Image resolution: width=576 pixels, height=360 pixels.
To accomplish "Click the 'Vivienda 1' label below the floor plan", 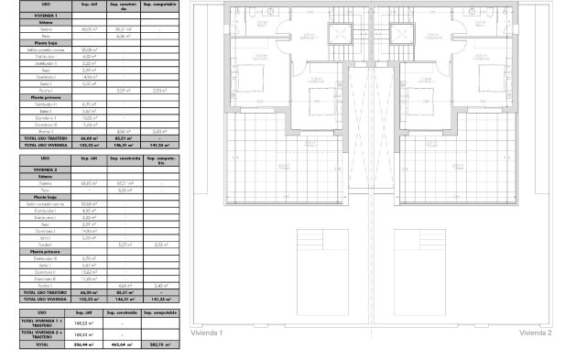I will click(x=206, y=333).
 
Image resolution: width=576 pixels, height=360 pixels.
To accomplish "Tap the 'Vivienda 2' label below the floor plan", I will click(x=536, y=333).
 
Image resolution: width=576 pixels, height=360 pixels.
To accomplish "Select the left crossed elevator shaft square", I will click(x=342, y=34).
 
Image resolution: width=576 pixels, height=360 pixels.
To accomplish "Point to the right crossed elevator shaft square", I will click(x=401, y=34).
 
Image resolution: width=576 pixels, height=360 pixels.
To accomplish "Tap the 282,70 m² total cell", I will click(x=161, y=344).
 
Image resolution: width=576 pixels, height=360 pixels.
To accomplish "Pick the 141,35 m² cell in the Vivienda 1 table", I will click(x=161, y=144).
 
